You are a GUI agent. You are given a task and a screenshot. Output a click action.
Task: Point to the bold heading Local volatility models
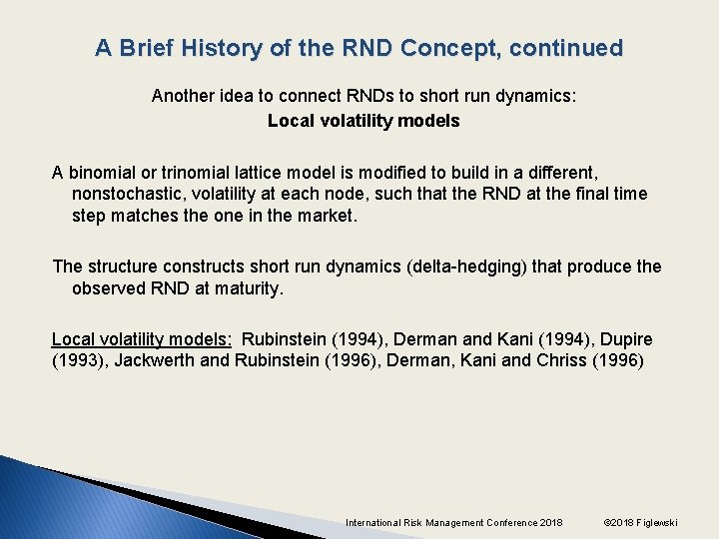363,121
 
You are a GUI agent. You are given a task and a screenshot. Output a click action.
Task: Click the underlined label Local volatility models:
142,338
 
